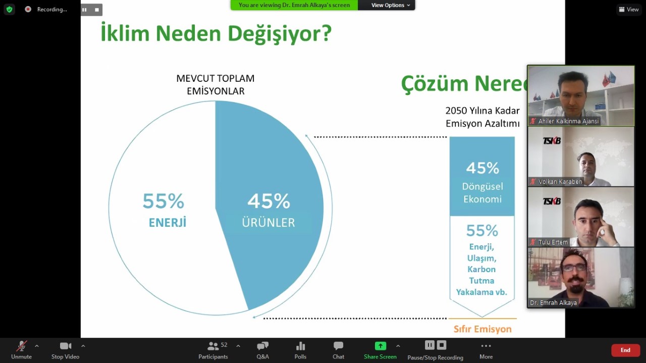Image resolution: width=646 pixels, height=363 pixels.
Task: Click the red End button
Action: point(625,350)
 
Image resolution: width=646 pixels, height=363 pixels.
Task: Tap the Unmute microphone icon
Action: point(21,346)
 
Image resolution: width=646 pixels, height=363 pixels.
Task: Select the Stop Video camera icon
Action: point(66,346)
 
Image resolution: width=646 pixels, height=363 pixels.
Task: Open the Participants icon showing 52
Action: point(213,346)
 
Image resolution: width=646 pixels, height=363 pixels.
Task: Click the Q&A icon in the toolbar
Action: point(262,346)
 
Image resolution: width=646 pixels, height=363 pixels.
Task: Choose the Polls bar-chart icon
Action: point(300,346)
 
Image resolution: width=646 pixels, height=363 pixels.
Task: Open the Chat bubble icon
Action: point(338,346)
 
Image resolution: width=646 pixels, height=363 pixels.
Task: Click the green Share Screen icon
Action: point(380,346)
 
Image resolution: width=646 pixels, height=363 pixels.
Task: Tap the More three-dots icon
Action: point(486,346)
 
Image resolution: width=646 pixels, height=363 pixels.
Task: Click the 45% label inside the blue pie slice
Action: point(269,201)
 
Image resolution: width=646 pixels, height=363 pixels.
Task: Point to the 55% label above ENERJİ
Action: point(163,201)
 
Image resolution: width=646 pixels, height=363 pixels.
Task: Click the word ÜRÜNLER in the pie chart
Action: point(268,223)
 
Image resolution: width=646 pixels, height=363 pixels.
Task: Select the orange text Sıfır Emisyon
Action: point(482,329)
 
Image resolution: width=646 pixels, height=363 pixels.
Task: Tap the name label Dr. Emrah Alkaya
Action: point(553,303)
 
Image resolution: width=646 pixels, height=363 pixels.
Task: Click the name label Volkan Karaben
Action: point(560,182)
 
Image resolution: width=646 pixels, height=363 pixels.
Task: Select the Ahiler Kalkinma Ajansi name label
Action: point(568,121)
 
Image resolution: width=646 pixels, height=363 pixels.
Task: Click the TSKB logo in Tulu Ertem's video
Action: point(552,201)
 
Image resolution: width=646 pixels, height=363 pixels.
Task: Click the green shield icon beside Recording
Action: point(10,9)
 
